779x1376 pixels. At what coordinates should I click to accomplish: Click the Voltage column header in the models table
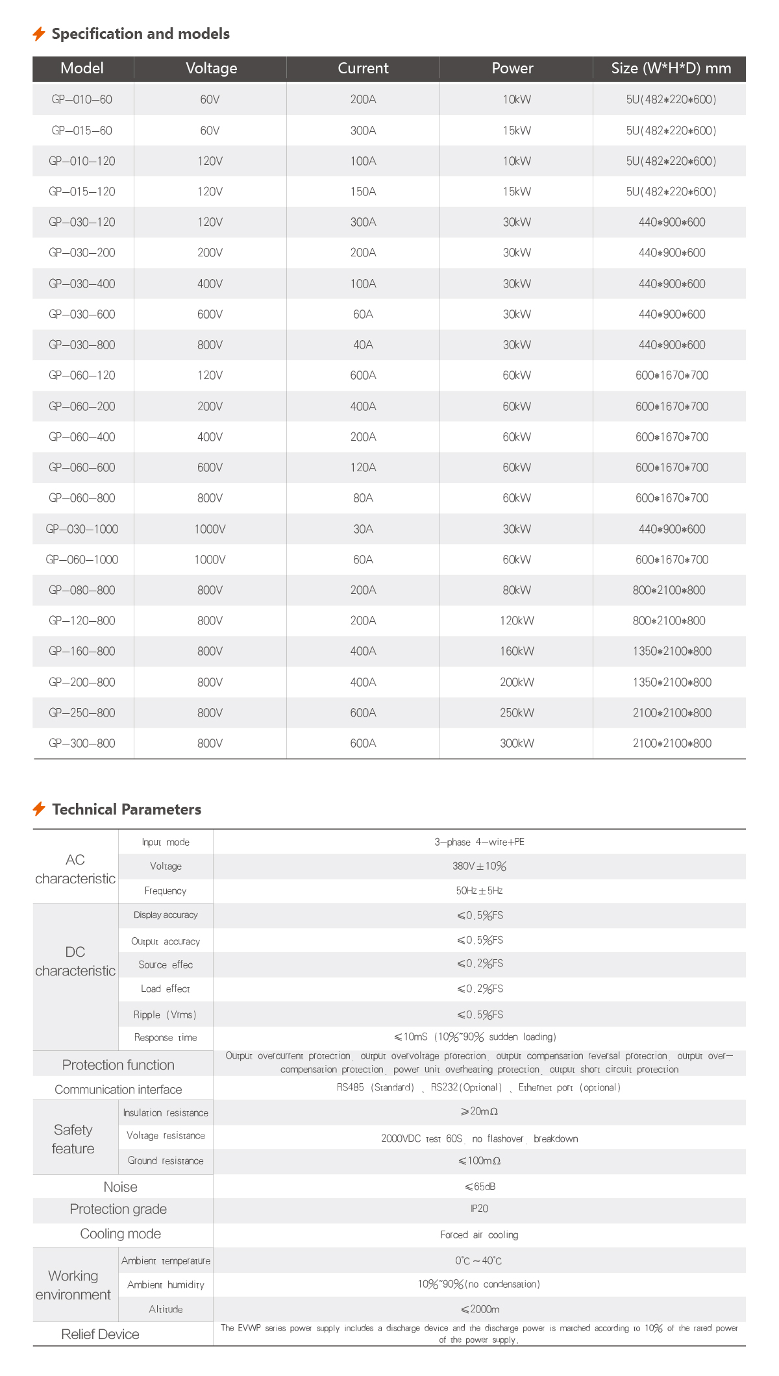(211, 68)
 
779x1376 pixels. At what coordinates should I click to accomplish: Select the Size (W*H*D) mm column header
(671, 68)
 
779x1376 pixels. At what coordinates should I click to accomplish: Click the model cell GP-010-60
(82, 99)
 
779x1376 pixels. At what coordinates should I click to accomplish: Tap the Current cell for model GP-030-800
(363, 345)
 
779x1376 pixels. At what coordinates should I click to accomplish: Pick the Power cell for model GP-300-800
(517, 743)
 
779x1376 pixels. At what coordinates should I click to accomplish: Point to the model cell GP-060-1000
(82, 559)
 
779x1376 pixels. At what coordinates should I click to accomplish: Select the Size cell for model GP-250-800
(672, 713)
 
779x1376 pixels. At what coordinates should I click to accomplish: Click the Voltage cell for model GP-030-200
(210, 252)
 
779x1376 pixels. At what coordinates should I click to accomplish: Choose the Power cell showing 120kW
(517, 620)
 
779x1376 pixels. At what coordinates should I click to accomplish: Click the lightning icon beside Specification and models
(39, 34)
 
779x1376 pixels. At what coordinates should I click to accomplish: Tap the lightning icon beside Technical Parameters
(39, 809)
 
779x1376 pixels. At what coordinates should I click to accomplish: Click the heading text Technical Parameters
(127, 809)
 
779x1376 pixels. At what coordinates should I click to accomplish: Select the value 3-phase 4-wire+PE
(479, 842)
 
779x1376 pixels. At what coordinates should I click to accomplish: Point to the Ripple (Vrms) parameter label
(165, 1014)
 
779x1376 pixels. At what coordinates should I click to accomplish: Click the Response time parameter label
(165, 1037)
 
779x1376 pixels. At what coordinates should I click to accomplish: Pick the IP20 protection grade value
(479, 1209)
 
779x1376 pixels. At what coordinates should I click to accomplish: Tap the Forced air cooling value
(479, 1235)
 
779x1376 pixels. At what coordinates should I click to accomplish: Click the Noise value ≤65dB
(480, 1186)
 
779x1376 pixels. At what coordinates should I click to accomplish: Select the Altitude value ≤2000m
(480, 1309)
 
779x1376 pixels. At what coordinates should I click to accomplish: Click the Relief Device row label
(100, 1334)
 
